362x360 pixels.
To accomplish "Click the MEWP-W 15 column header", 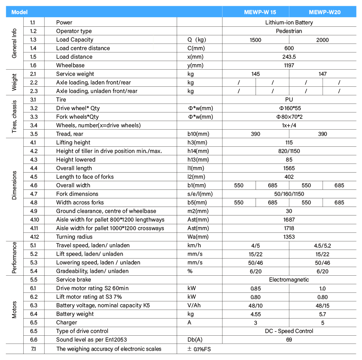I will [x=260, y=12].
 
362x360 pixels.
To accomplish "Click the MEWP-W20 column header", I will [x=324, y=12].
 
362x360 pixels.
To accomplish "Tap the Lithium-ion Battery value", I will [x=289, y=23].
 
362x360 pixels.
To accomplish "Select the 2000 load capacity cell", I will [x=322, y=40].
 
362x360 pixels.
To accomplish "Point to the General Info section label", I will [x=14, y=44].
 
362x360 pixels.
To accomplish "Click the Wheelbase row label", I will [x=70, y=65].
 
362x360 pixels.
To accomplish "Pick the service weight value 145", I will [x=255, y=74].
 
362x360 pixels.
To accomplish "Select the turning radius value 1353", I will [x=289, y=237].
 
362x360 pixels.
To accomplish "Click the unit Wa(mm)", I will [x=198, y=237].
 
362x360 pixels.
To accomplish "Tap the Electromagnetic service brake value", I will [x=289, y=280].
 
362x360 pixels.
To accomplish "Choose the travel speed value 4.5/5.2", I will [x=322, y=245].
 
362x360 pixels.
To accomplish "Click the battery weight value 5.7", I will [x=322, y=314].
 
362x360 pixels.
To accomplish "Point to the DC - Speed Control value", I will [x=289, y=331].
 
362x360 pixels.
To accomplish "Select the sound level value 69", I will [x=289, y=340].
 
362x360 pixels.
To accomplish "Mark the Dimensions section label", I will [x=14, y=185].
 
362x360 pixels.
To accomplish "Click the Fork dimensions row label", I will [x=77, y=194].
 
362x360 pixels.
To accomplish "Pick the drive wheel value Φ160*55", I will [x=289, y=108].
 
